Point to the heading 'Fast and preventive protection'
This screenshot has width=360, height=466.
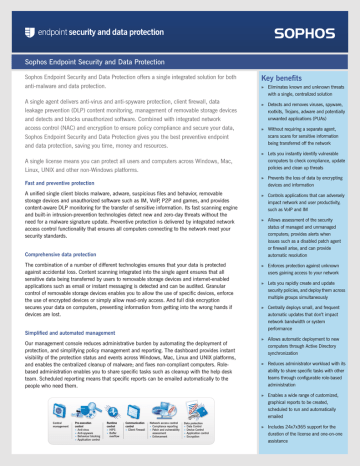[58, 174]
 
